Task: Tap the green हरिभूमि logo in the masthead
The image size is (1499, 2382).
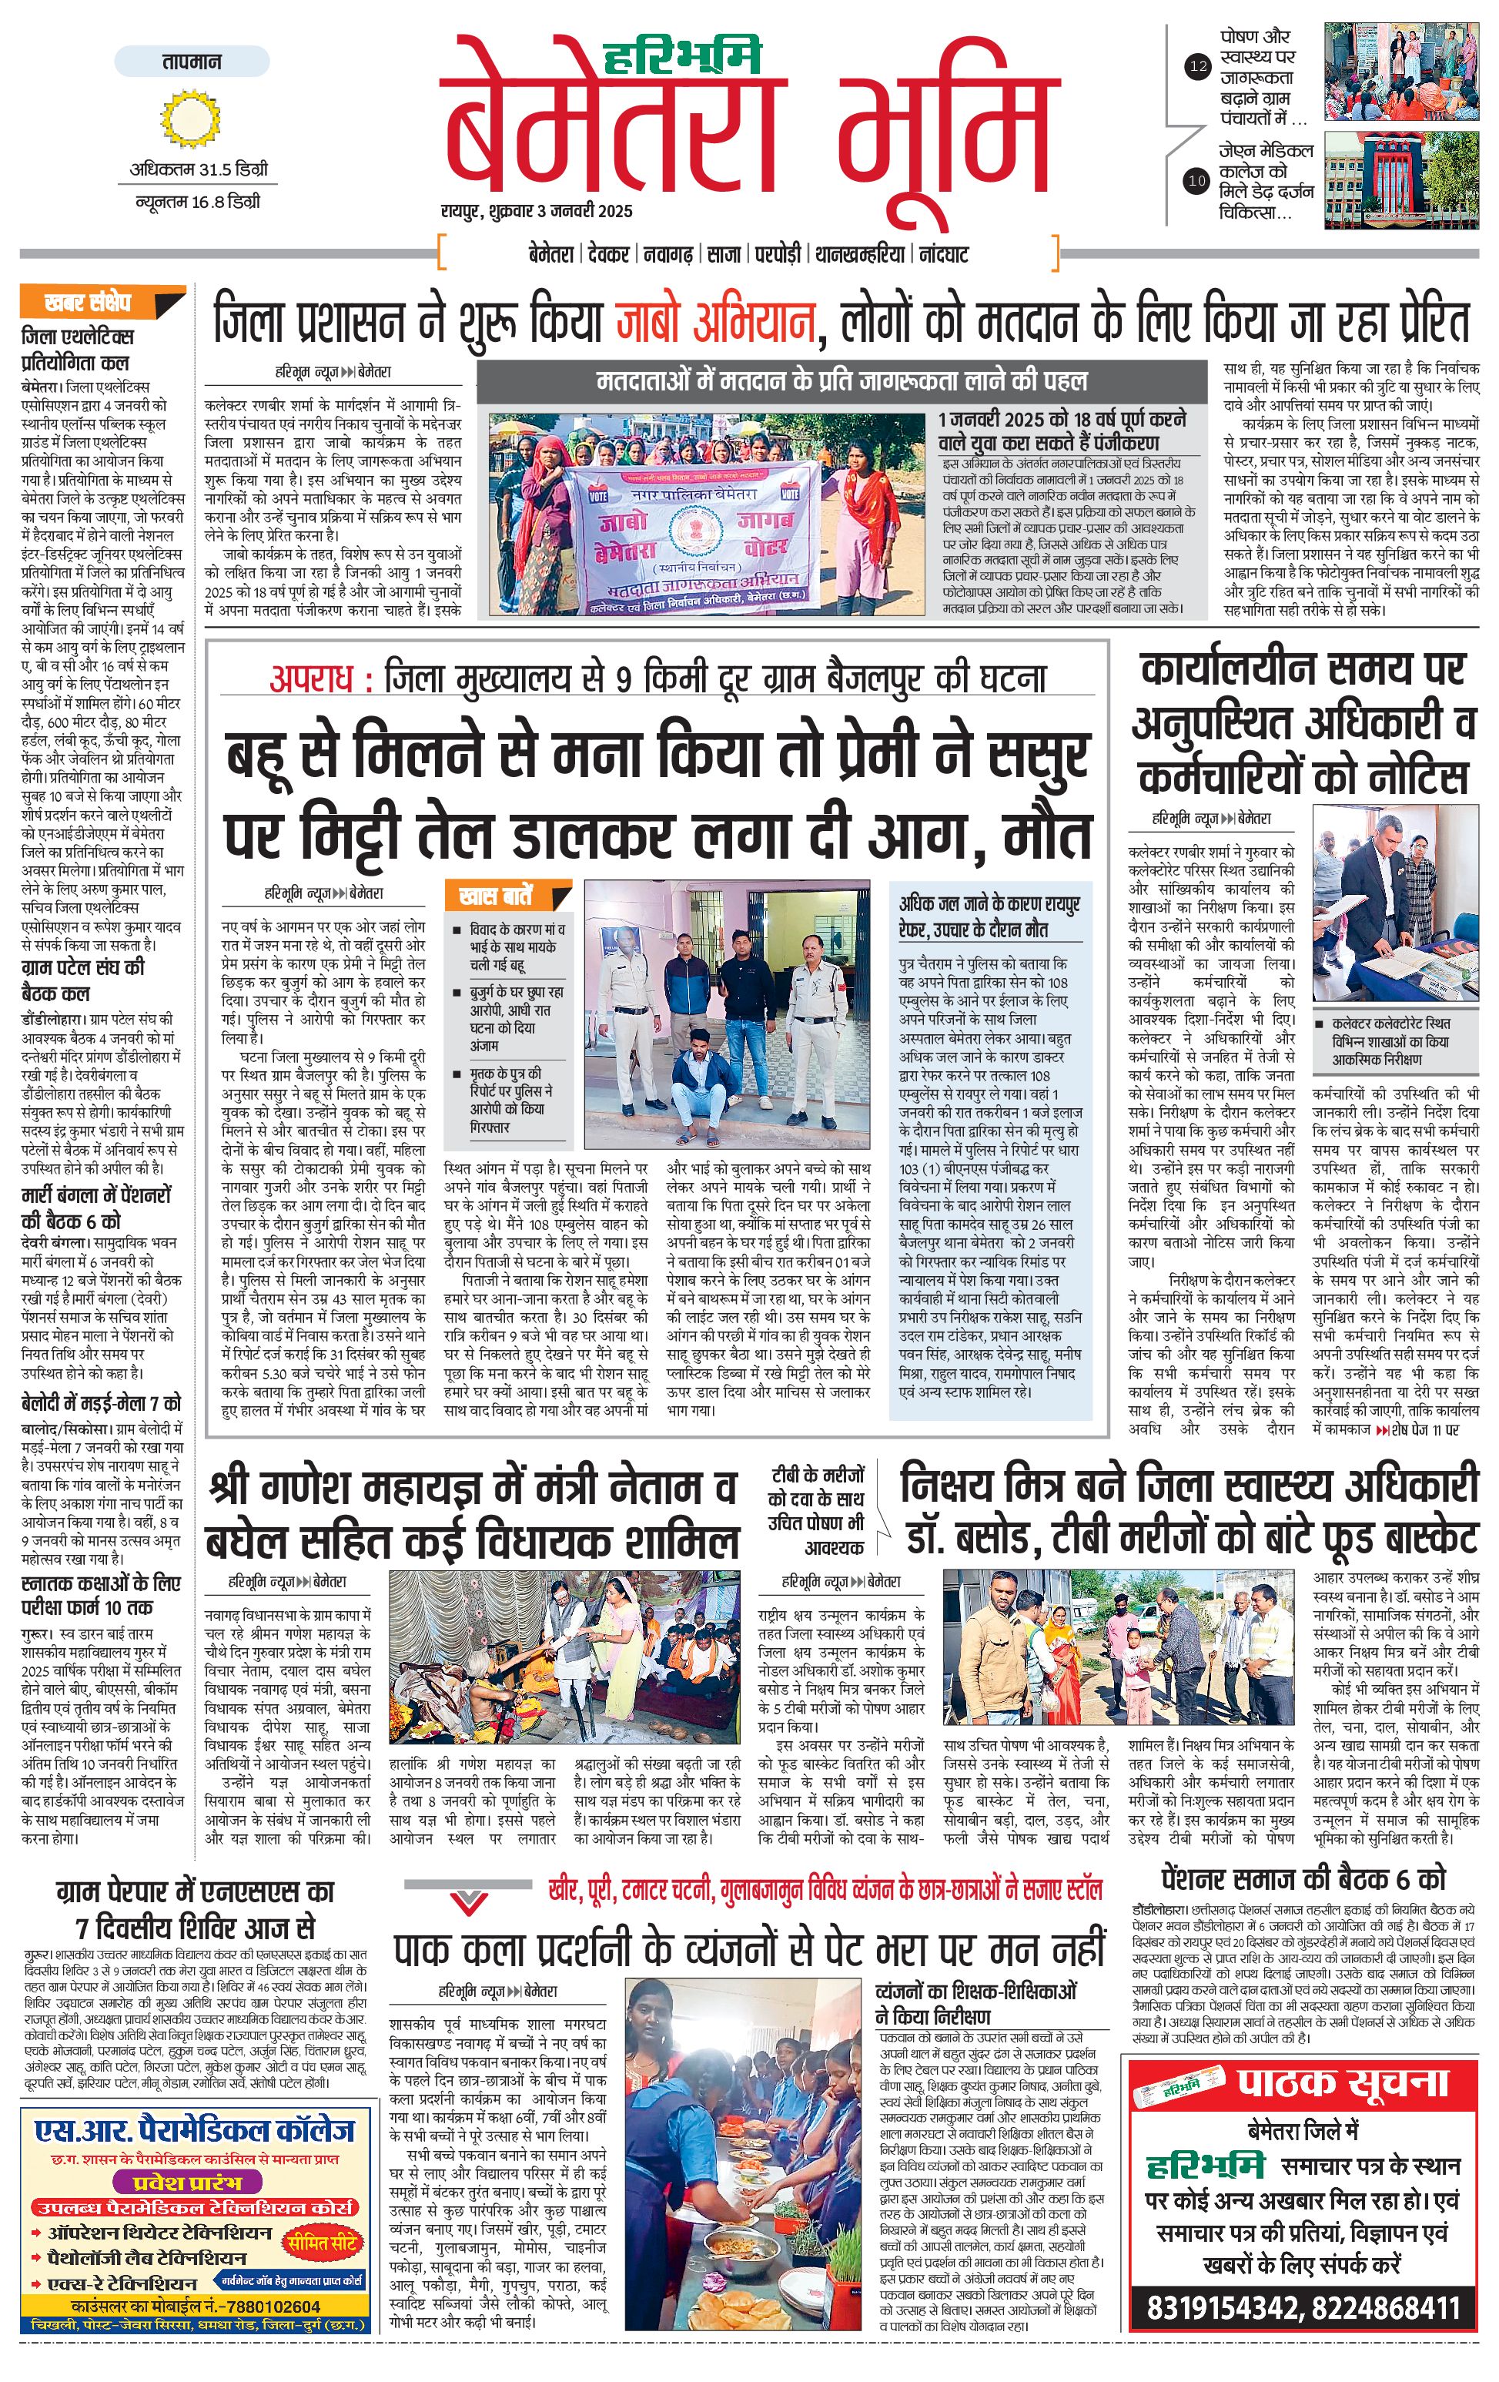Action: pyautogui.click(x=684, y=56)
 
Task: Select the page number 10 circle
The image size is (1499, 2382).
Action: pyautogui.click(x=1197, y=180)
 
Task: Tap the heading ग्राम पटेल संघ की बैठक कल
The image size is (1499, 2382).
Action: pyautogui.click(x=83, y=980)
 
